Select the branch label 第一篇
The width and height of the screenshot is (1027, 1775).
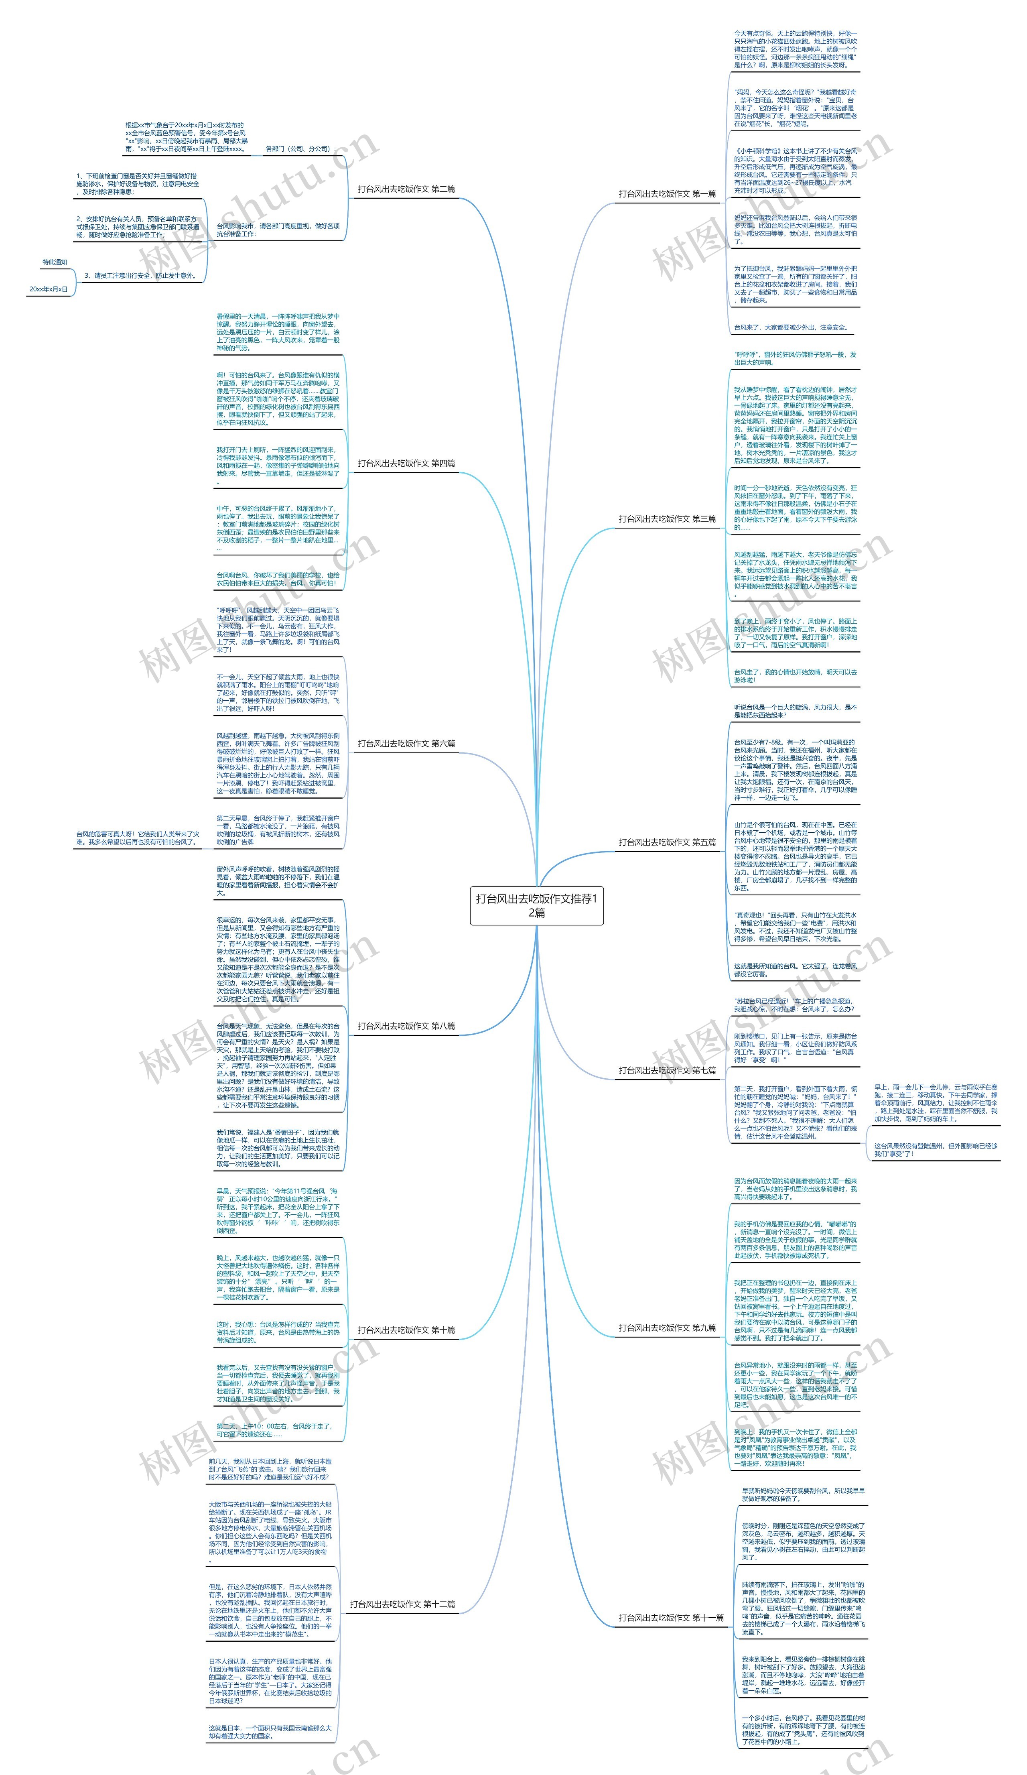pyautogui.click(x=667, y=194)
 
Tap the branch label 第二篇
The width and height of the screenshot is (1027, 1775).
pyautogui.click(x=406, y=189)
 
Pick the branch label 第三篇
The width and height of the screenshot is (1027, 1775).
pyautogui.click(x=667, y=519)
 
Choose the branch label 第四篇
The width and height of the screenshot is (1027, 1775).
pyautogui.click(x=406, y=463)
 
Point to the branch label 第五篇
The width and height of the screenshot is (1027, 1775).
pyautogui.click(x=667, y=842)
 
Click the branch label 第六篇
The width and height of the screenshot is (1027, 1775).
pyautogui.click(x=406, y=743)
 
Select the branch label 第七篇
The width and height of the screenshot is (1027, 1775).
pyautogui.click(x=667, y=1070)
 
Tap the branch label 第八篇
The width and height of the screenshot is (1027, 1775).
pyautogui.click(x=406, y=1026)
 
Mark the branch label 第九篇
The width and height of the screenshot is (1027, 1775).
pyautogui.click(x=667, y=1328)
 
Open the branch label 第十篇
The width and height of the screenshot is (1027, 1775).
pyautogui.click(x=406, y=1330)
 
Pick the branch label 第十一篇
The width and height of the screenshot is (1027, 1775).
pyautogui.click(x=671, y=1618)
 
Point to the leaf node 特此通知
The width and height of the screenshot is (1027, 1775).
pyautogui.click(x=55, y=262)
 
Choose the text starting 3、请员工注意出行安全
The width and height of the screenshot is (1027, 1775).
pyautogui.click(x=139, y=275)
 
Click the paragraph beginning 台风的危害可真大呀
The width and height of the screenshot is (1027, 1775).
pyautogui.click(x=137, y=838)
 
